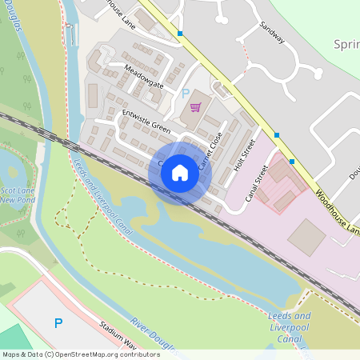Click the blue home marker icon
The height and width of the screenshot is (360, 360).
[180, 173]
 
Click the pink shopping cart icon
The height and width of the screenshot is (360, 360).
[194, 107]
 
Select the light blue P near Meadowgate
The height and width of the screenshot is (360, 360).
[186, 93]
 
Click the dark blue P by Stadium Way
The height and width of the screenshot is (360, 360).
[58, 322]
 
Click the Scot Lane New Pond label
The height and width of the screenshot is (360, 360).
[17, 194]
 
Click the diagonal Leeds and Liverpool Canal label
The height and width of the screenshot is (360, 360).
[101, 192]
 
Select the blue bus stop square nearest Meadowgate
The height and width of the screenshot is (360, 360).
[181, 34]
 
